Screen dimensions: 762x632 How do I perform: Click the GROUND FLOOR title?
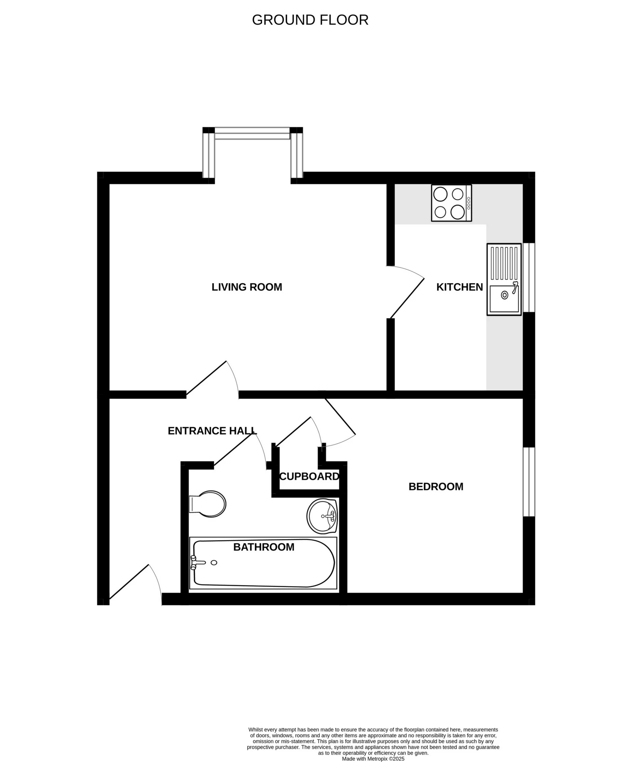(x=310, y=20)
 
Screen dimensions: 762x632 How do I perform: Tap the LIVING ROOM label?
(x=247, y=287)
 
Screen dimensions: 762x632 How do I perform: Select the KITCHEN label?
(x=459, y=287)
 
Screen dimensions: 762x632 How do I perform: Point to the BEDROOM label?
(x=436, y=487)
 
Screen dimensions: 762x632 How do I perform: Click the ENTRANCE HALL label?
(x=212, y=431)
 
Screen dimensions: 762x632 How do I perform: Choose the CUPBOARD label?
(x=309, y=476)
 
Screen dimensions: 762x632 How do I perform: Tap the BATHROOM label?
(x=263, y=547)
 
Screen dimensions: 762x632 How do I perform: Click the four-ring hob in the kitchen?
(x=451, y=203)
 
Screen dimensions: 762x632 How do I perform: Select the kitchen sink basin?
(x=504, y=299)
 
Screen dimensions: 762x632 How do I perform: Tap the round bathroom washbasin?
(x=322, y=516)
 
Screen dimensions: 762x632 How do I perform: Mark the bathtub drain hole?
(x=214, y=563)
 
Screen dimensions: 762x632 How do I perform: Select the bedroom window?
(x=529, y=481)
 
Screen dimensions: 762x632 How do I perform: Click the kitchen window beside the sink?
(x=529, y=278)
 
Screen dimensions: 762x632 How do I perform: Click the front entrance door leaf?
(x=129, y=581)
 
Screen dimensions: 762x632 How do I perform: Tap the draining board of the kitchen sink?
(x=504, y=263)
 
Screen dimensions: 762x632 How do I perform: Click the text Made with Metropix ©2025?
(x=373, y=758)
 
